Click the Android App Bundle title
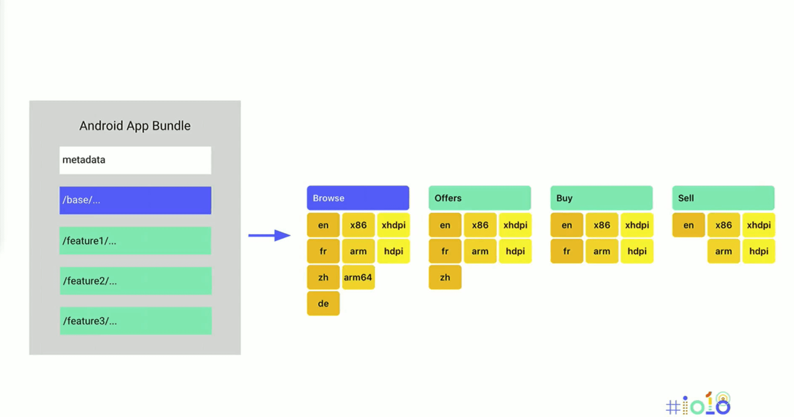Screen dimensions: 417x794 point(135,126)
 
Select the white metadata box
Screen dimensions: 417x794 point(135,160)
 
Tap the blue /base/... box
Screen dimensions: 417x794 point(135,200)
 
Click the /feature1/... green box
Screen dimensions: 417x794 point(135,241)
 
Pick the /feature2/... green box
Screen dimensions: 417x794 point(135,281)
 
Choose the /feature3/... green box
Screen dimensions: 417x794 point(135,321)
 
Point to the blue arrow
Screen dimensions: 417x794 point(269,236)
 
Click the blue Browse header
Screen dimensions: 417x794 point(358,198)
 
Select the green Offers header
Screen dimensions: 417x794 point(479,198)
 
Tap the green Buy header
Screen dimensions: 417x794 point(601,198)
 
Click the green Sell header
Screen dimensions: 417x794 point(723,198)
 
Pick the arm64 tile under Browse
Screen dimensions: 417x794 point(358,277)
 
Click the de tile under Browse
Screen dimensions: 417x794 point(323,304)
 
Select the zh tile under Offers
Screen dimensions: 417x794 point(445,277)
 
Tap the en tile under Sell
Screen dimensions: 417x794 point(688,225)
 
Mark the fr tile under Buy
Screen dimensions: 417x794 point(566,251)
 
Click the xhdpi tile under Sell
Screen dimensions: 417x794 point(759,225)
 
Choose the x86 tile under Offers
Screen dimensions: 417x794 point(480,225)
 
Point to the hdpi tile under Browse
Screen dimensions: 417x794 point(393,251)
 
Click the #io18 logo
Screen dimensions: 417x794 point(698,404)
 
